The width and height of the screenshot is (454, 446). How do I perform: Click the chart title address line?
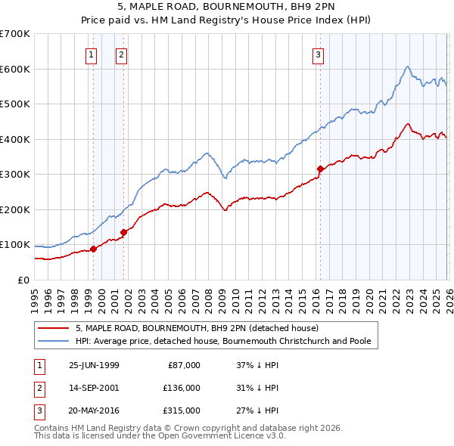tap(226, 8)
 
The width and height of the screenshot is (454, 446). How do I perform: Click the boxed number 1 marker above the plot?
tap(92, 54)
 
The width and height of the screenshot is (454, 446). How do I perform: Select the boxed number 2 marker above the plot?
tap(121, 54)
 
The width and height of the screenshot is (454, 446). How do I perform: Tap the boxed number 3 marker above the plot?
tap(319, 54)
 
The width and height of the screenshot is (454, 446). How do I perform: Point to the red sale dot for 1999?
tap(93, 249)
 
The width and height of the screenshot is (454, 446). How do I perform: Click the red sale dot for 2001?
tap(123, 232)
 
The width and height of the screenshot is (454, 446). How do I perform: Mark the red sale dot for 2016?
tap(319, 169)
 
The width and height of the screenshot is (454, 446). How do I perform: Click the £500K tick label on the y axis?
tap(15, 104)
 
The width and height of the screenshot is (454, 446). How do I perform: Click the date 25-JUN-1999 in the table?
tap(94, 365)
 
